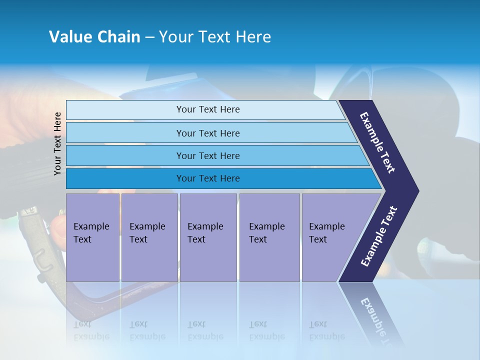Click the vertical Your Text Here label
tap(57, 143)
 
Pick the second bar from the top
tap(208, 133)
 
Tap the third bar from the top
tap(208, 155)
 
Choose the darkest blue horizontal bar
tap(208, 178)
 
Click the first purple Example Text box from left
tap(92, 237)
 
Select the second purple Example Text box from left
tap(149, 237)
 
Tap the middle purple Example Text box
tap(208, 237)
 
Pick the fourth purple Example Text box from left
tap(269, 237)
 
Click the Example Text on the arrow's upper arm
tap(377, 142)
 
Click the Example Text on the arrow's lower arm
tap(378, 236)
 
